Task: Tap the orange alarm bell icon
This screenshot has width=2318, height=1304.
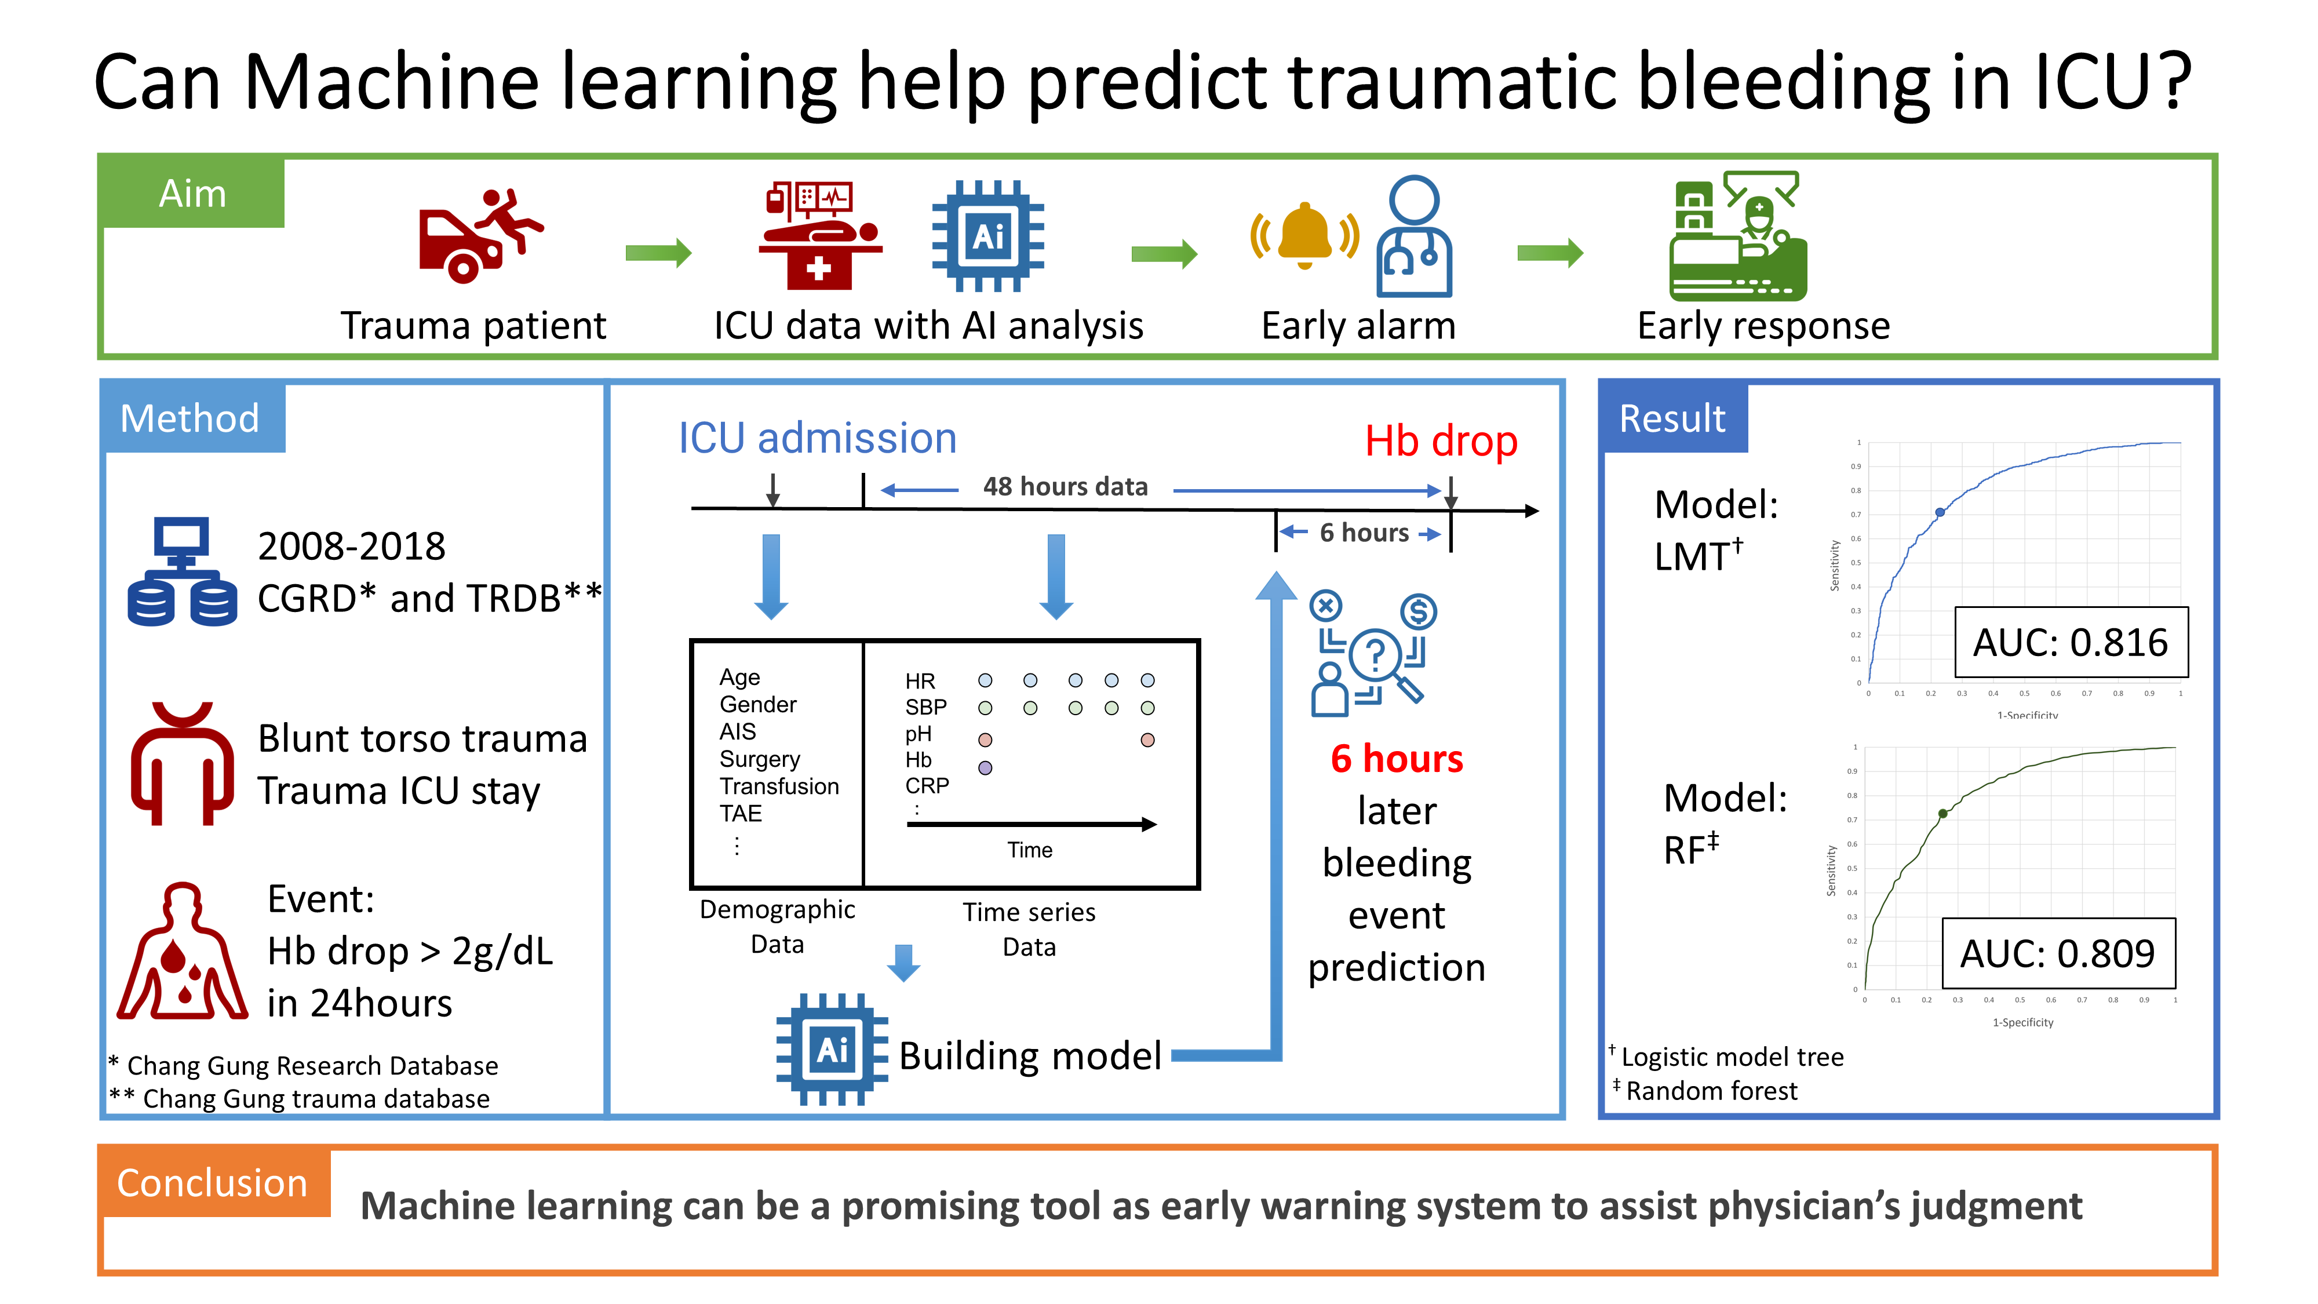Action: tap(1304, 236)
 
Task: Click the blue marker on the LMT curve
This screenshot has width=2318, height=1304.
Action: tap(1940, 512)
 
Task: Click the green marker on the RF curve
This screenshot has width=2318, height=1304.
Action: tap(1942, 814)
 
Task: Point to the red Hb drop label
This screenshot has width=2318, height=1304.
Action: tap(1441, 441)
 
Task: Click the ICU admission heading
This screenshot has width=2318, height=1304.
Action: tap(817, 438)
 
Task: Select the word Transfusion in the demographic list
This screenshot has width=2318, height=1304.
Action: tap(778, 786)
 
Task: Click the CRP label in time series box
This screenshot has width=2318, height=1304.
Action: tap(927, 786)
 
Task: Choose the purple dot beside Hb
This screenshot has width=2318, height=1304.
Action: tap(985, 768)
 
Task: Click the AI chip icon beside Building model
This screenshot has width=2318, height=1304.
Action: tap(832, 1050)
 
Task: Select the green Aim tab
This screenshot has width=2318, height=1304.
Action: tap(192, 192)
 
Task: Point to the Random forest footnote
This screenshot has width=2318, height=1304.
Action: tap(1710, 1091)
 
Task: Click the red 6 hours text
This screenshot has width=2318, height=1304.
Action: tap(1397, 759)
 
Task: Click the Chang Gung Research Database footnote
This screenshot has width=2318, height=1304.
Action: tap(311, 1066)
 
